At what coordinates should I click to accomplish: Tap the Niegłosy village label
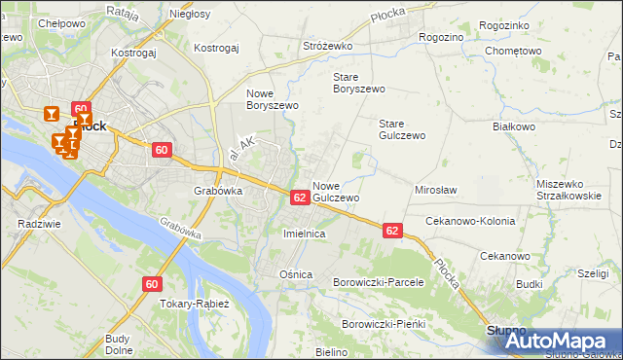pyautogui.click(x=190, y=15)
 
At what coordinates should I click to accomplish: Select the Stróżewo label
pyautogui.click(x=327, y=46)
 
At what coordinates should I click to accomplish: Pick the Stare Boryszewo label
pyautogui.click(x=359, y=82)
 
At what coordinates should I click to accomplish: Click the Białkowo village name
pyautogui.click(x=515, y=126)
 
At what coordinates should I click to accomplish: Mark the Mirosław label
pyautogui.click(x=436, y=190)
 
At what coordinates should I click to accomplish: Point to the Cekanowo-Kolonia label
pyautogui.click(x=470, y=221)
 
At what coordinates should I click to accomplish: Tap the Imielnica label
pyautogui.click(x=303, y=234)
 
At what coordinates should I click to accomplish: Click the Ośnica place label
pyautogui.click(x=296, y=274)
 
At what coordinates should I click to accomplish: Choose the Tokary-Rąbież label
pyautogui.click(x=194, y=303)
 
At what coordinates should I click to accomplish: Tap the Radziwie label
pyautogui.click(x=34, y=223)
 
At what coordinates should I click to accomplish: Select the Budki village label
pyautogui.click(x=530, y=284)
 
